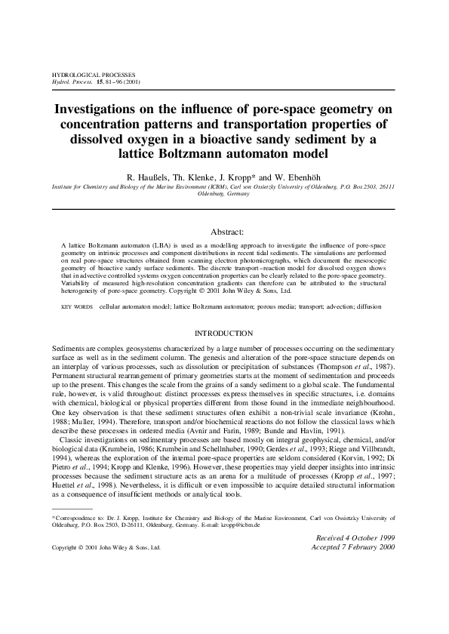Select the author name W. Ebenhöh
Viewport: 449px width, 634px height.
coord(295,174)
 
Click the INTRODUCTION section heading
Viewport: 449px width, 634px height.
coord(224,333)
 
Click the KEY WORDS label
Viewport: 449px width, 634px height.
coord(77,307)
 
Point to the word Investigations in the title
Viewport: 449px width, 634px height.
coord(100,109)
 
